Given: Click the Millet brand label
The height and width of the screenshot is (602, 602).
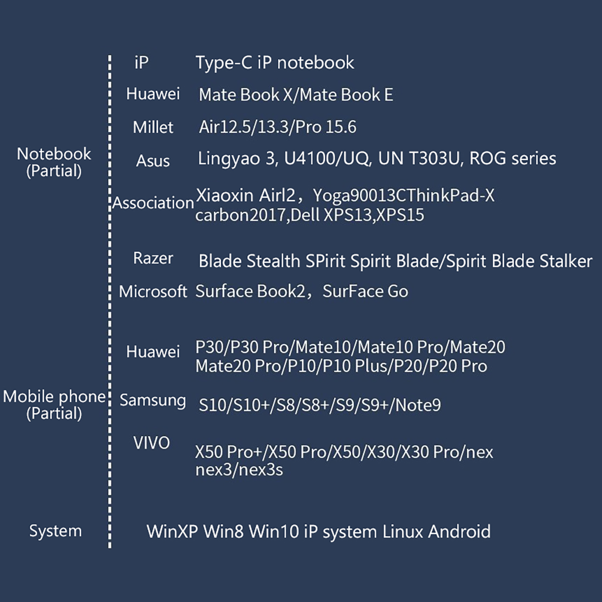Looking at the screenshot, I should [153, 128].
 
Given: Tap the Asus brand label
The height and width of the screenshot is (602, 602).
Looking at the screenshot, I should [153, 161].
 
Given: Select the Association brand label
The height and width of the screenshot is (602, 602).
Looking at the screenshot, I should [153, 203].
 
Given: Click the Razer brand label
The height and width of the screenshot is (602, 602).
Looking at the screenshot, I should [153, 258].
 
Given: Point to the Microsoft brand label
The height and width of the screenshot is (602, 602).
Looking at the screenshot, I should [153, 292].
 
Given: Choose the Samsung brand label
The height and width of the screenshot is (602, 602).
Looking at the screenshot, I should [153, 400].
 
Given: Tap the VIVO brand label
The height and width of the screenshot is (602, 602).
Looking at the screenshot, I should [151, 443].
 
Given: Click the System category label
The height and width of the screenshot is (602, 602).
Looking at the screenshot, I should [55, 531].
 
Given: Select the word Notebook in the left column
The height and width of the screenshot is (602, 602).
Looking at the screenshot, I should [54, 154].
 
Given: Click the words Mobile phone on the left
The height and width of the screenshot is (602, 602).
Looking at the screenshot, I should [54, 397].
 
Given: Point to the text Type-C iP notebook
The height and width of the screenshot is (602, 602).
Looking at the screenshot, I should [275, 63].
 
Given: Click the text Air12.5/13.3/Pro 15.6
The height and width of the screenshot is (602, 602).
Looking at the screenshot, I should [277, 127].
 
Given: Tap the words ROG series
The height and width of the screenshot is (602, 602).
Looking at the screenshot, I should [512, 158].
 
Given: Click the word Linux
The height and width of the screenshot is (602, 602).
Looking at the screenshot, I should [403, 532].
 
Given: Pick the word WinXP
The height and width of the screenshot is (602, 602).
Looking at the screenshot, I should [172, 532].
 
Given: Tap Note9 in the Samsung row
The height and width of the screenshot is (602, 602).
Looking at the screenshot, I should [418, 405].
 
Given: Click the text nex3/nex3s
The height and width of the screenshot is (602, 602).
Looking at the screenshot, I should [239, 470].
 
